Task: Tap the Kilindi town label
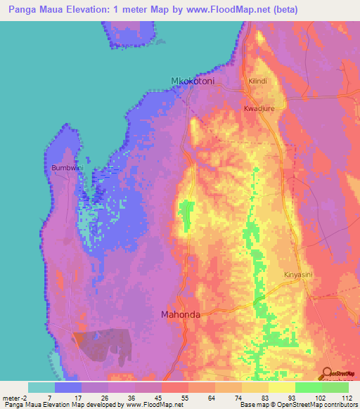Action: (x=258, y=82)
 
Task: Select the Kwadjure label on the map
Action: (x=257, y=109)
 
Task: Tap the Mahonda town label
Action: (x=181, y=315)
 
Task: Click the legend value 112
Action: (x=345, y=397)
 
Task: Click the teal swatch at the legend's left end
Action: (x=41, y=387)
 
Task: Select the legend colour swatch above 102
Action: (x=308, y=387)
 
